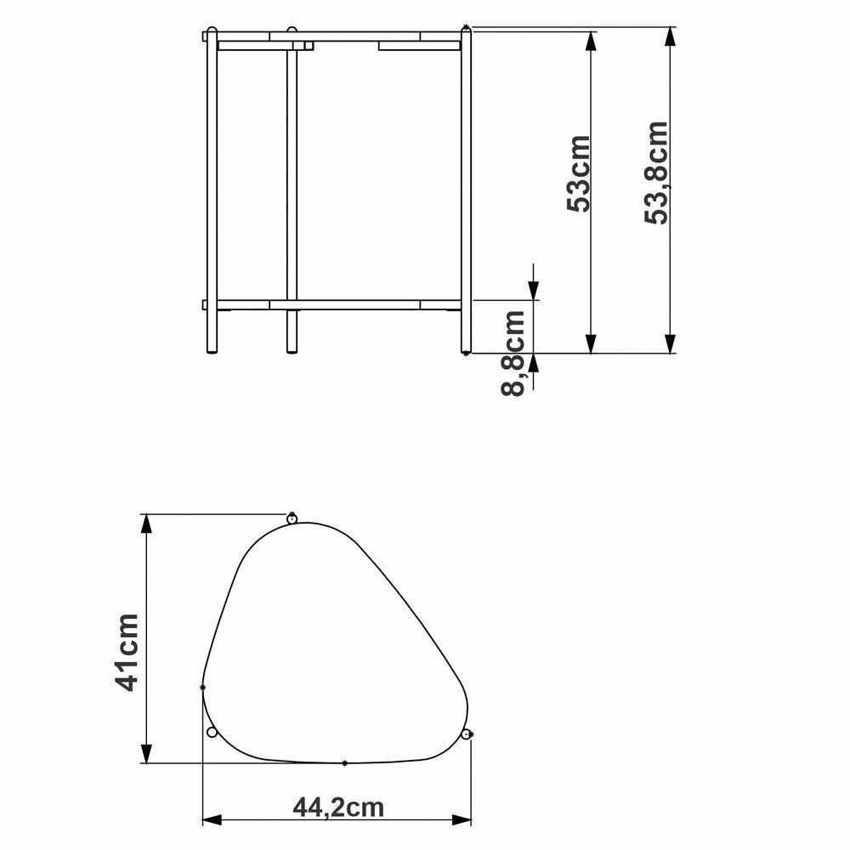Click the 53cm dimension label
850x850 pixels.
580,173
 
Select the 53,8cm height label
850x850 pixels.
656,173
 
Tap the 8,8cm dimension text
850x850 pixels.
514,353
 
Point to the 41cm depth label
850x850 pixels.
127,652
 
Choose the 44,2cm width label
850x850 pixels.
337,807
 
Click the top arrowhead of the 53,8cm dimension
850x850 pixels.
671,38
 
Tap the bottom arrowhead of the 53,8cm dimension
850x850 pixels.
671,343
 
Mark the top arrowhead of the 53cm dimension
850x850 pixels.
590,42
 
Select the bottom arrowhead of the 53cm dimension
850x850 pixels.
590,343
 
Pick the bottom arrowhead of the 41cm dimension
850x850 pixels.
147,752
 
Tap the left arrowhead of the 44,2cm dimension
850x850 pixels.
212,820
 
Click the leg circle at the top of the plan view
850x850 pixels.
292,518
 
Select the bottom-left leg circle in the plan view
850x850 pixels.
212,732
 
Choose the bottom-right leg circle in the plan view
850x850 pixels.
466,734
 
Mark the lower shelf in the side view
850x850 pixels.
340,304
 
